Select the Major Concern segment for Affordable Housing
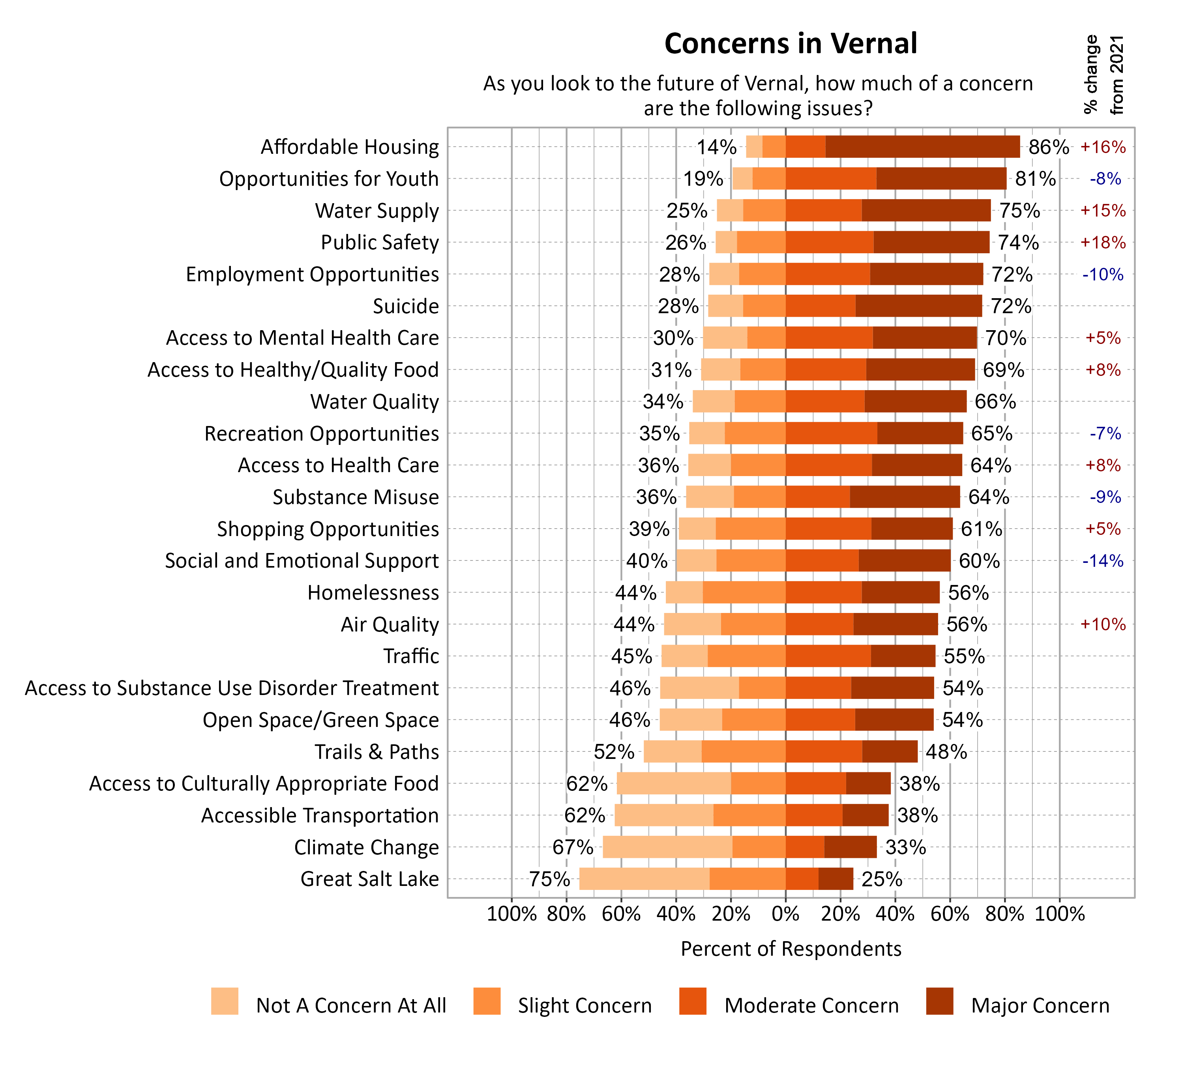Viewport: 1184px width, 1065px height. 922,147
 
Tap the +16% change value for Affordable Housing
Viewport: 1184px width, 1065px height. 1103,147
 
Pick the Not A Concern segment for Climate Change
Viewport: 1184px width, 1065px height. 667,847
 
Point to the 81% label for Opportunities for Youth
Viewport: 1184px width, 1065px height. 1035,178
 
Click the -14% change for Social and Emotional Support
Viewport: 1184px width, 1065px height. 1103,561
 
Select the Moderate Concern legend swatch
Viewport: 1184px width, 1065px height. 692,1001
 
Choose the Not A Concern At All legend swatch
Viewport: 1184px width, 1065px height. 225,1001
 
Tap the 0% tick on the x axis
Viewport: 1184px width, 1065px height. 785,914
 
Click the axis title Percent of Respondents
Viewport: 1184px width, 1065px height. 791,949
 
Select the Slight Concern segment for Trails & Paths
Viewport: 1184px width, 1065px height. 743,751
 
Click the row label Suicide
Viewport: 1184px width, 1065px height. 406,306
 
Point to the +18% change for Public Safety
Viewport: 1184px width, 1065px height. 1103,242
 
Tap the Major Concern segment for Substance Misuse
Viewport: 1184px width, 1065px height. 905,497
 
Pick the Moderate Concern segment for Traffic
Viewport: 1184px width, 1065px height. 828,656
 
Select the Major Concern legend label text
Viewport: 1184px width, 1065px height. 1040,1005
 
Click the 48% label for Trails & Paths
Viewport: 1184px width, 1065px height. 946,751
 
